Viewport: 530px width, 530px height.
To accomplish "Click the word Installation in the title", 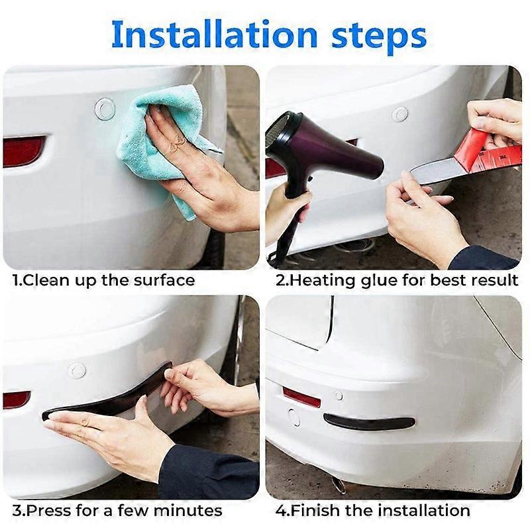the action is pyautogui.click(x=214, y=35).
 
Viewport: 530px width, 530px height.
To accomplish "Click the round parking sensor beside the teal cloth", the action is pyautogui.click(x=105, y=109).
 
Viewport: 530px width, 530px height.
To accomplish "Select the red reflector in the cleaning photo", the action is pyautogui.click(x=24, y=151).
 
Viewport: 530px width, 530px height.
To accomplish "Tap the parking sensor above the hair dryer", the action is pyautogui.click(x=400, y=114).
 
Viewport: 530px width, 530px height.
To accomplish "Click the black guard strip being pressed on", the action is pyautogui.click(x=108, y=392).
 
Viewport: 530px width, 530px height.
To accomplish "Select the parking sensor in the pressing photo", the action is pyautogui.click(x=76, y=370).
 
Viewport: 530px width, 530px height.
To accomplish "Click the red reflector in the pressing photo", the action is pyautogui.click(x=17, y=399).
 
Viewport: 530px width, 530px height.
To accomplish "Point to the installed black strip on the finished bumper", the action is pyautogui.click(x=369, y=421).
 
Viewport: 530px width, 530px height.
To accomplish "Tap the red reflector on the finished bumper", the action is pyautogui.click(x=301, y=397).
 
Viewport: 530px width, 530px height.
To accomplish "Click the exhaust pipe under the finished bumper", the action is pyautogui.click(x=338, y=484).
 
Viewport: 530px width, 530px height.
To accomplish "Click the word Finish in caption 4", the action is pyautogui.click(x=310, y=509).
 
